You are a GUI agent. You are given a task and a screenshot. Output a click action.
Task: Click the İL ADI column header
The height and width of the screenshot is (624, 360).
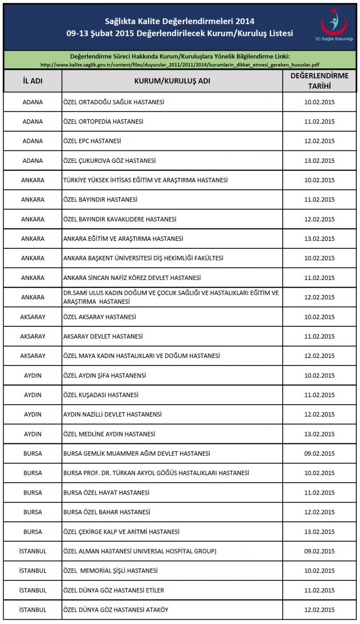(x=33, y=81)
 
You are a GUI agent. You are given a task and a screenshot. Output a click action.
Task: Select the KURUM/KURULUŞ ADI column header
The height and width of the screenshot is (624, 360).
(x=172, y=81)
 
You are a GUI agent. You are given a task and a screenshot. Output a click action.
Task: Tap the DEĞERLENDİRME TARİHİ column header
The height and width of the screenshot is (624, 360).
(x=319, y=81)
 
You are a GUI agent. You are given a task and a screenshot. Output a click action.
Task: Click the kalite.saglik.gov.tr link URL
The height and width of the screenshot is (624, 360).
(x=180, y=64)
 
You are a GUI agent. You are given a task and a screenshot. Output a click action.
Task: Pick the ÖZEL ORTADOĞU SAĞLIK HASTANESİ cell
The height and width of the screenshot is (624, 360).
(x=113, y=102)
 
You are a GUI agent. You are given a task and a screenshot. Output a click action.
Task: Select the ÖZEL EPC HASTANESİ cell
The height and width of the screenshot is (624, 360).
(x=92, y=141)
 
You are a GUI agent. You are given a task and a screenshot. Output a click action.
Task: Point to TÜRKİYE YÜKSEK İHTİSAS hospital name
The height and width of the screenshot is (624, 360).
(x=145, y=180)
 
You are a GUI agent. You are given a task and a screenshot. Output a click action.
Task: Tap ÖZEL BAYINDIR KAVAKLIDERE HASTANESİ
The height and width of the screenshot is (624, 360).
(x=119, y=219)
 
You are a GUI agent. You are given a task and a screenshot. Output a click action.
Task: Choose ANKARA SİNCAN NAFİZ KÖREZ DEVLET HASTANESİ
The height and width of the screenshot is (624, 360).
(x=132, y=278)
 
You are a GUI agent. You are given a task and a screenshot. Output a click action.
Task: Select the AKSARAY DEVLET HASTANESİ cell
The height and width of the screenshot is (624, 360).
(x=103, y=336)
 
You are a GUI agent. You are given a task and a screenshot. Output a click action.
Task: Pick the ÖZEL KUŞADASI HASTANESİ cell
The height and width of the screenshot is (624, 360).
(x=100, y=395)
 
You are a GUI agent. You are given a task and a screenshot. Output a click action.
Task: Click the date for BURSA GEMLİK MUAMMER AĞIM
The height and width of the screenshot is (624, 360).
(x=319, y=454)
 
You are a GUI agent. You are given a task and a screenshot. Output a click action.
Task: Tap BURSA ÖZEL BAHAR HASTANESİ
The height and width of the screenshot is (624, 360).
(x=106, y=512)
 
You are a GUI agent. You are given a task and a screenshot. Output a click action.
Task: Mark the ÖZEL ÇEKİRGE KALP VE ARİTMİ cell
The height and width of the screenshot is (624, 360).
(x=121, y=532)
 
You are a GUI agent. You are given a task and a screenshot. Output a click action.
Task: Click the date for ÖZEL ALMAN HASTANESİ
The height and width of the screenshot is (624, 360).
(x=319, y=551)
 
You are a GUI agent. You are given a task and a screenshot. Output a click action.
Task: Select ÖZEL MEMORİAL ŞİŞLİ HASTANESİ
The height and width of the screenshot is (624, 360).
(x=110, y=571)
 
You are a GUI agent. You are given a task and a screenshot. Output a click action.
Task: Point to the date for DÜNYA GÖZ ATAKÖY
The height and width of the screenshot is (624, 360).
(x=319, y=609)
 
